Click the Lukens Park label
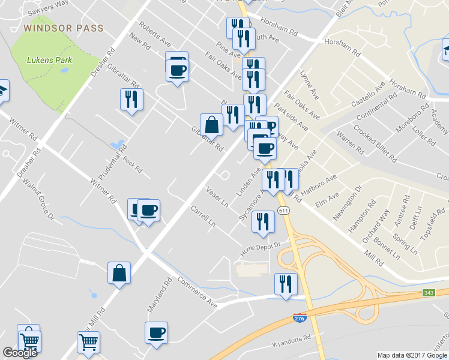[50, 60]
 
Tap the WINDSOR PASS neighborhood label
[64, 28]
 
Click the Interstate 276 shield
[299, 317]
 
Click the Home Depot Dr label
[261, 247]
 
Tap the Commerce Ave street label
[199, 295]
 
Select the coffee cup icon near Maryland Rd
[156, 332]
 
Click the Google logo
[20, 353]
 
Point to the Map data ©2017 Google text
[412, 355]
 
